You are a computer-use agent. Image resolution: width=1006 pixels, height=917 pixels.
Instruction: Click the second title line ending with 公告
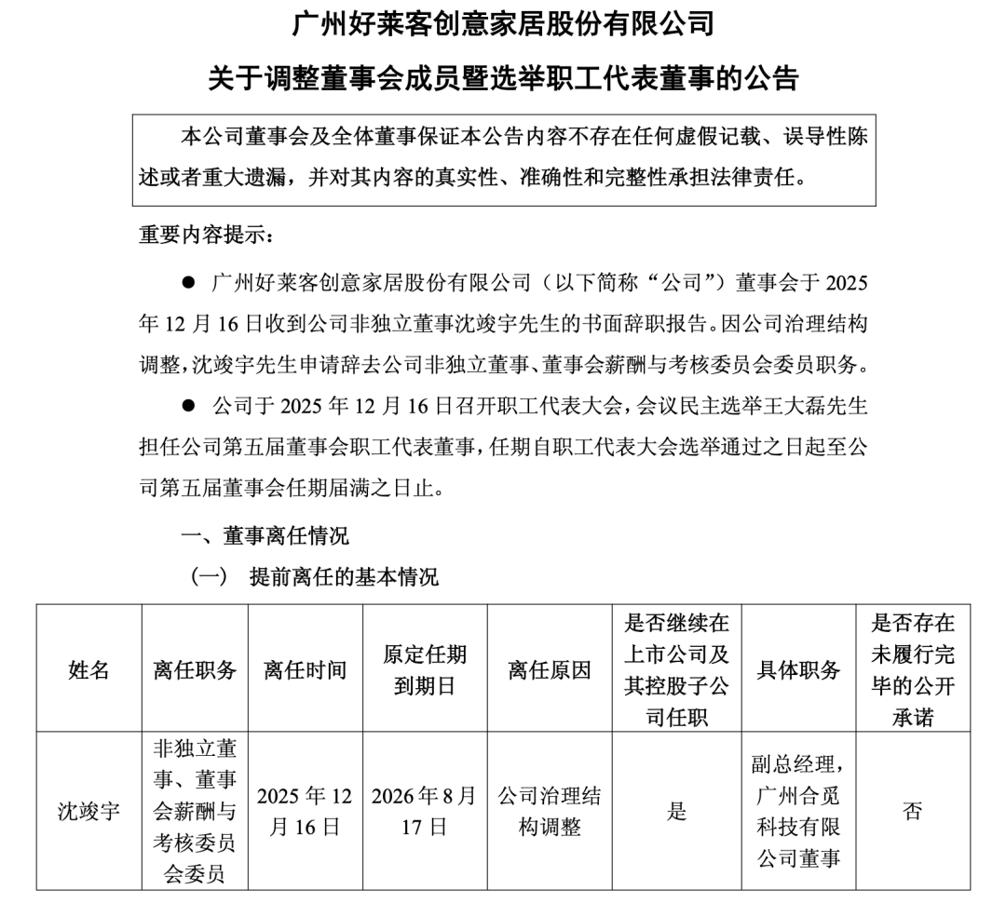(503, 78)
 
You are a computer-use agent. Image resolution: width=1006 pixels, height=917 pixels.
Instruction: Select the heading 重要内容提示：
(207, 235)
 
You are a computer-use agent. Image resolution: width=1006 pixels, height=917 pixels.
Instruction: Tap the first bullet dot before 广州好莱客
(188, 282)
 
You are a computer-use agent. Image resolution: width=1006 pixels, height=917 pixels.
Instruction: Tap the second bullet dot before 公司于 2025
(188, 406)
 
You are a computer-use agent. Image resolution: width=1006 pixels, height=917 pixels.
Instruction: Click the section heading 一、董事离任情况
(265, 536)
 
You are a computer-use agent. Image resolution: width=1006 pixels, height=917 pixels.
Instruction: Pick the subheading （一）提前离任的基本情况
(315, 576)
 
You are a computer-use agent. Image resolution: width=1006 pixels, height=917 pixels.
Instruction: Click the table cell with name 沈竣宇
(89, 811)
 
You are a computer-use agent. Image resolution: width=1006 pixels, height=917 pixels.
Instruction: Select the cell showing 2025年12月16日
(306, 811)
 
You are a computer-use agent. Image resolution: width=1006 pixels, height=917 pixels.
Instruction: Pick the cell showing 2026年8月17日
(425, 811)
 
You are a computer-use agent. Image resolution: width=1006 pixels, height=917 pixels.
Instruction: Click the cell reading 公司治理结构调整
(550, 811)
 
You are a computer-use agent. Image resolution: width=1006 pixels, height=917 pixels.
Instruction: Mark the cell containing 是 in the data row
(676, 811)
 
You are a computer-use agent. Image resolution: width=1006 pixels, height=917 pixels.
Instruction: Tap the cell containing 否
(913, 811)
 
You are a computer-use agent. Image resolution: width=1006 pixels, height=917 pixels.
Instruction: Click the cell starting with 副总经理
(798, 811)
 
